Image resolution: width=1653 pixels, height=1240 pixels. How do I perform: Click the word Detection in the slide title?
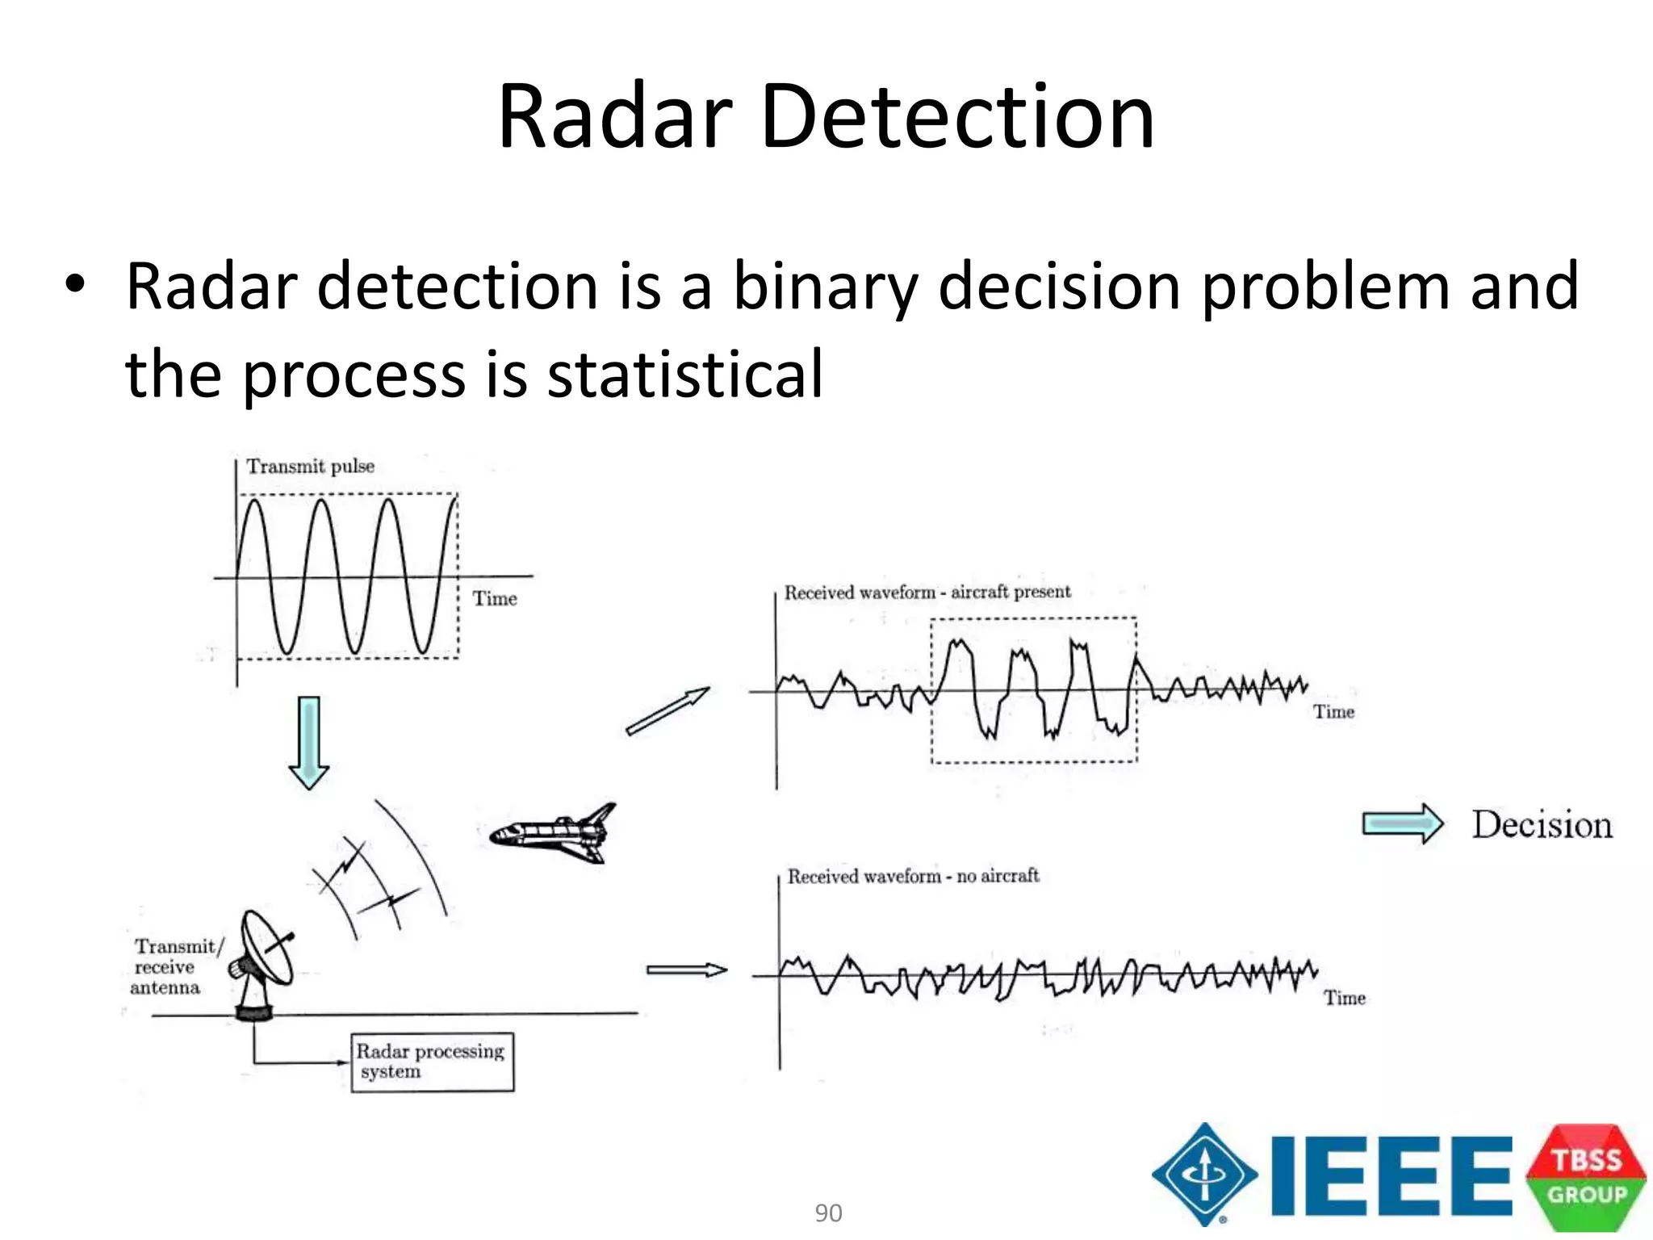pos(957,118)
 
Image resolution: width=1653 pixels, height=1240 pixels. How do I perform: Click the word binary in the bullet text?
pos(824,287)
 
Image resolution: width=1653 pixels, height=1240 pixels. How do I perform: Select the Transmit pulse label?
pos(310,467)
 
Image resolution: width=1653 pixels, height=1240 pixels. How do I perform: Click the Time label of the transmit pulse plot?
pos(494,599)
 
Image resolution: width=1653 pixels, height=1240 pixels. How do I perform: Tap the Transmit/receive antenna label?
pos(174,967)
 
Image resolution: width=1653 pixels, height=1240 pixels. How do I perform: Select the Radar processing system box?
pos(432,1062)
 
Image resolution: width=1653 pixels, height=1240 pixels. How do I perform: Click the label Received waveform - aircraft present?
pos(927,593)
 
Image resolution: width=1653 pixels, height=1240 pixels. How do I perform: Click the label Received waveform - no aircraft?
pos(913,877)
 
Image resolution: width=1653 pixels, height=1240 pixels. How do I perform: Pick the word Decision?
pos(1542,825)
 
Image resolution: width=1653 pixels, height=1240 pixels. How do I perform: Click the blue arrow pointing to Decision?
pos(1403,824)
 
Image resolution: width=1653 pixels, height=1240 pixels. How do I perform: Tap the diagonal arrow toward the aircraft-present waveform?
pos(667,711)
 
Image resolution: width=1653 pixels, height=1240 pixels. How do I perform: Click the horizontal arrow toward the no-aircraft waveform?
pos(686,970)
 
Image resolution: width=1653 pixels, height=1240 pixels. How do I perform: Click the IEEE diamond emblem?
pos(1204,1175)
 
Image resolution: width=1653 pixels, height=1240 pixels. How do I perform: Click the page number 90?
pos(828,1213)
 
